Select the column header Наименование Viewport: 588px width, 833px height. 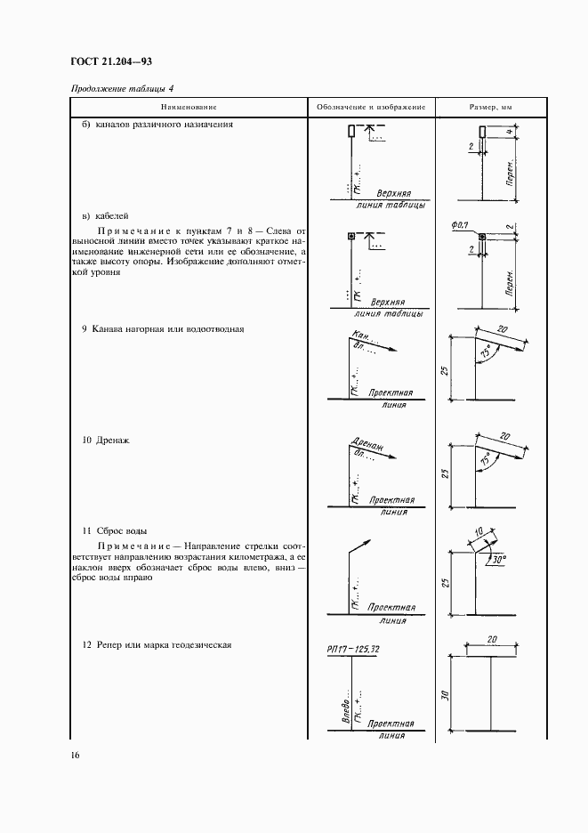point(188,107)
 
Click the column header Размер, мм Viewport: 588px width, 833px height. point(491,107)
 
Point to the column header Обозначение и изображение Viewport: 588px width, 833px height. point(371,107)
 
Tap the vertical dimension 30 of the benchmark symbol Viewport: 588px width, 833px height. point(446,695)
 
